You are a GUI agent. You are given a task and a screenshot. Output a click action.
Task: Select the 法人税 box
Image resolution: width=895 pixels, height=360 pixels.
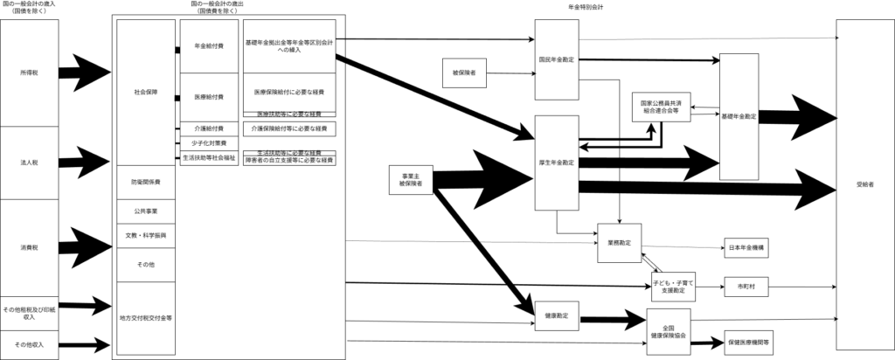(x=29, y=163)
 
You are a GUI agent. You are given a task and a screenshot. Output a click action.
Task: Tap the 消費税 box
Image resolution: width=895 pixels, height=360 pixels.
(x=29, y=247)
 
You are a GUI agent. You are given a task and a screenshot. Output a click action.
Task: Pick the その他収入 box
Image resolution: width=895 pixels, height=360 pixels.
(x=29, y=344)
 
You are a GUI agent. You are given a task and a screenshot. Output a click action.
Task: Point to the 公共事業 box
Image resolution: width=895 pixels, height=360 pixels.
(x=146, y=211)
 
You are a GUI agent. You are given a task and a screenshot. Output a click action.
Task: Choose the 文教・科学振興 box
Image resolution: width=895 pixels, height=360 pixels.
(x=146, y=236)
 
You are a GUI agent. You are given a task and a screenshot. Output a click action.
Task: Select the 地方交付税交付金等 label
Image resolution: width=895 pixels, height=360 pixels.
(x=146, y=318)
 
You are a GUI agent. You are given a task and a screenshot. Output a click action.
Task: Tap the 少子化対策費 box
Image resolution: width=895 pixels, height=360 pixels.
(x=208, y=142)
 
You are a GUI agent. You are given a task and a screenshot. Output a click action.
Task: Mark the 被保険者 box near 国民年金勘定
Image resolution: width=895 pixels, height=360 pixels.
(x=464, y=73)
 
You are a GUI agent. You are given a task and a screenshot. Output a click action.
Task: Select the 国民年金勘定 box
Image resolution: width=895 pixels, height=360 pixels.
(x=556, y=59)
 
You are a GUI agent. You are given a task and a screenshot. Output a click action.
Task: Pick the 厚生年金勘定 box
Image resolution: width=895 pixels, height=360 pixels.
(x=556, y=163)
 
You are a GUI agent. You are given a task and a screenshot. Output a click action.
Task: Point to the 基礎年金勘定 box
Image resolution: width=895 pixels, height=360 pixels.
(x=739, y=115)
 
